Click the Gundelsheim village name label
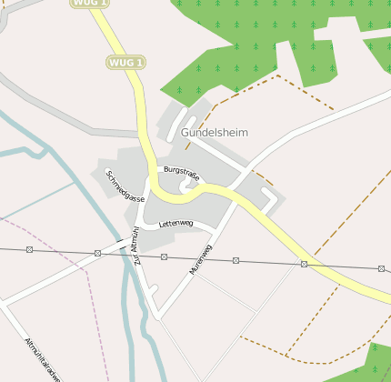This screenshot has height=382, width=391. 214,132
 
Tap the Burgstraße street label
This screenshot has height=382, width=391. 181,174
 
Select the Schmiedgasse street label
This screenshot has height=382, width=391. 125,186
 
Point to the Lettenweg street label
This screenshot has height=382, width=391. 175,223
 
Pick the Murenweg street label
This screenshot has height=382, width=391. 200,259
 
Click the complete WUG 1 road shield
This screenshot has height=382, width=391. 126,62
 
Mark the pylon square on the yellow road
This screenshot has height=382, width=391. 304,264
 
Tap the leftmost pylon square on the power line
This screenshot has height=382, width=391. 29,249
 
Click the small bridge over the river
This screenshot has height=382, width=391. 121,243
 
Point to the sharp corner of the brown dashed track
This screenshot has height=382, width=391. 278,75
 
